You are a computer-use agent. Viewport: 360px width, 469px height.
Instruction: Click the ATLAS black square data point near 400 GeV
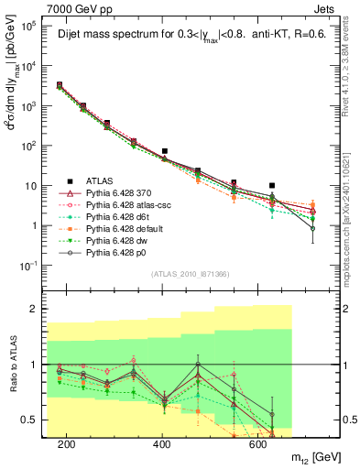[165, 151]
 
